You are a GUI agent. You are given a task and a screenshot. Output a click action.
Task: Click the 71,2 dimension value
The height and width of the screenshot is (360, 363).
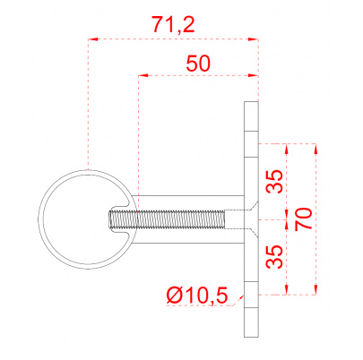[173, 24]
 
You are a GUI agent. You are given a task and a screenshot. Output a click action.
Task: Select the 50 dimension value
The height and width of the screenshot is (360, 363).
[198, 64]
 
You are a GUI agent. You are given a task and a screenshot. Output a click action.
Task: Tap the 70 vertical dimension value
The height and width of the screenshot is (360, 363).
[303, 219]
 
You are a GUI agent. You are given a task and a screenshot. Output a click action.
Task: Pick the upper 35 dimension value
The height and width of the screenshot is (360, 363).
[274, 182]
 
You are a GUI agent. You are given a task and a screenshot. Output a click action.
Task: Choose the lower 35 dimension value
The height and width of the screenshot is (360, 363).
[274, 257]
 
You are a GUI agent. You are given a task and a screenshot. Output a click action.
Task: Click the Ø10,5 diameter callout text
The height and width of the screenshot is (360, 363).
[197, 296]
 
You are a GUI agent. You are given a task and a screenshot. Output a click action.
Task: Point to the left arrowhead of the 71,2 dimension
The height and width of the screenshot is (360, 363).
[92, 39]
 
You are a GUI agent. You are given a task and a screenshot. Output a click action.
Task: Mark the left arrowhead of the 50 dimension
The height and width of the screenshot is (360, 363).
[143, 76]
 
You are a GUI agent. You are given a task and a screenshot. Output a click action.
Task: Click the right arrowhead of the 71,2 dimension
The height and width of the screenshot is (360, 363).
[253, 39]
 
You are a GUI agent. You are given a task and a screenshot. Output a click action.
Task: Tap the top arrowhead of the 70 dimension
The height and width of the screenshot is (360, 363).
[315, 149]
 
